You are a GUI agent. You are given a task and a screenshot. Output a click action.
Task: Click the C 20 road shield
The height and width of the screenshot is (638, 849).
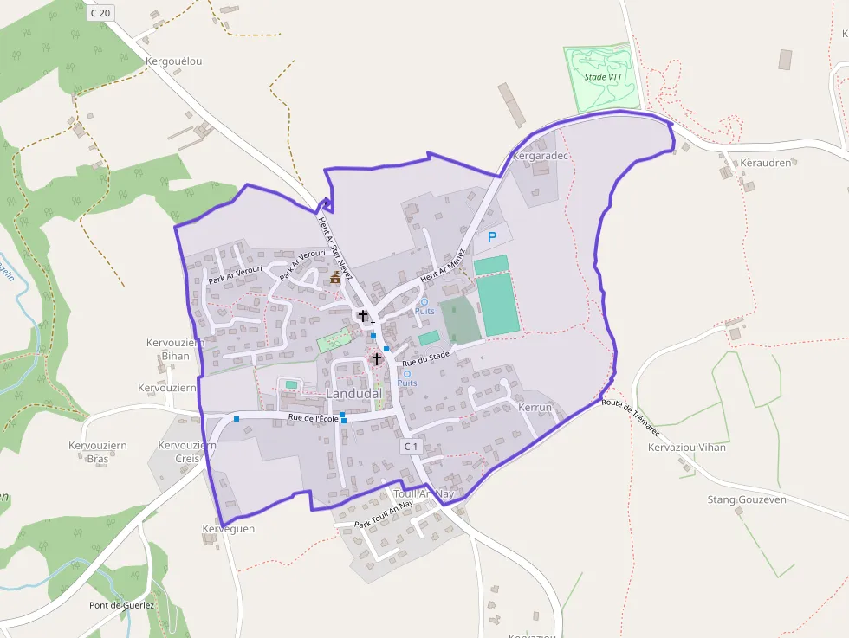pos(100,12)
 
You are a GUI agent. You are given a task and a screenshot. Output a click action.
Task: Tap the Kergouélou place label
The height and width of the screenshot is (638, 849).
pos(173,61)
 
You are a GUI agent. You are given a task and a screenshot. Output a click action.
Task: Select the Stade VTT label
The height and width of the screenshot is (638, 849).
pos(603,77)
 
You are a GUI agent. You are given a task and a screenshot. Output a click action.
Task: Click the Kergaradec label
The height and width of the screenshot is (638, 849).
pos(539,157)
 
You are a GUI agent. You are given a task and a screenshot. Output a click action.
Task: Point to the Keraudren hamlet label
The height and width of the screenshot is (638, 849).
pos(766,163)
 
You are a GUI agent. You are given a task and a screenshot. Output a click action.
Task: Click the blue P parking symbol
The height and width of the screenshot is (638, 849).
pos(493,236)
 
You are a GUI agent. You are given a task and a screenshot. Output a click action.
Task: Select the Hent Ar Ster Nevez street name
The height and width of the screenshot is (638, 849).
pos(331,244)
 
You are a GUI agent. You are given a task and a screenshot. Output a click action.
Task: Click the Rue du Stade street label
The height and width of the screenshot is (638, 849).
pos(425,358)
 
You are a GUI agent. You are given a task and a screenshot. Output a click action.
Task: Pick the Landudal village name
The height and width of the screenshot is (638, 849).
pos(354,394)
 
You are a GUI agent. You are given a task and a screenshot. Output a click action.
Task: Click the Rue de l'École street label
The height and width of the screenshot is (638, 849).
pos(313,419)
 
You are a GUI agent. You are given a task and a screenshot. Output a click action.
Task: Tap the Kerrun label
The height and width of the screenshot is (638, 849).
pos(535,407)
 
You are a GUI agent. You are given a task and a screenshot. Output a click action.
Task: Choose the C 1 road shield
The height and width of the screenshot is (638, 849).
pos(411,447)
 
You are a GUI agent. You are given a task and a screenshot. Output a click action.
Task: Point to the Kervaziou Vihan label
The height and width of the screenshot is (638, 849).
pos(686,448)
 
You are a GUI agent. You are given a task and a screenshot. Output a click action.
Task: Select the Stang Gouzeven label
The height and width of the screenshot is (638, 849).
pos(746,500)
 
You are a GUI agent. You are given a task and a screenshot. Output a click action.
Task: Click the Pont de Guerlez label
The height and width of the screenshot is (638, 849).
pos(121,605)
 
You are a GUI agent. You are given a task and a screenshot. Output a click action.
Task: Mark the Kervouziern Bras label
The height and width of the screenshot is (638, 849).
pos(98,452)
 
